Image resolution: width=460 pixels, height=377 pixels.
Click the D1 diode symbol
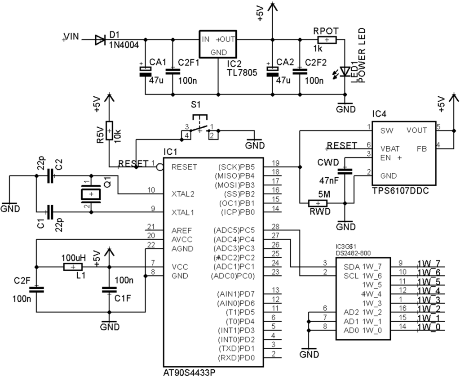[100, 40]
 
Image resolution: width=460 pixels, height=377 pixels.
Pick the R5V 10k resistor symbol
[108, 130]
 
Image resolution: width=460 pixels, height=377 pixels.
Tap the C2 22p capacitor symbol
[50, 176]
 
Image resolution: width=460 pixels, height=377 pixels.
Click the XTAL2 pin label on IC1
[183, 194]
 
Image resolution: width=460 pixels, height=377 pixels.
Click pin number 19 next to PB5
[276, 162]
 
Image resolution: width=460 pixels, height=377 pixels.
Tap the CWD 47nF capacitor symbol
[345, 170]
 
